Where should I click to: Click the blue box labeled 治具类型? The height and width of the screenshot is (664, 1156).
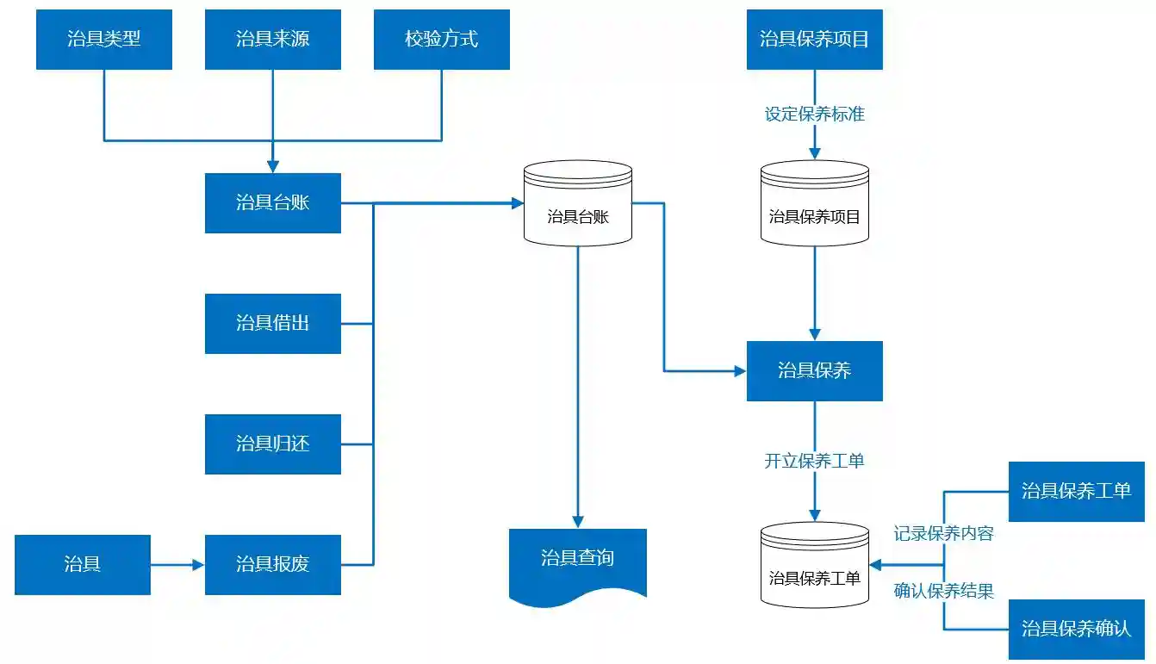103,39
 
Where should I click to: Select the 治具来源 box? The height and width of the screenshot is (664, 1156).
272,39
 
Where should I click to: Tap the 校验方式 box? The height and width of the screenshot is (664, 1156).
441,39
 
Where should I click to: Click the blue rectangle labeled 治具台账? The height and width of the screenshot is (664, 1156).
272,202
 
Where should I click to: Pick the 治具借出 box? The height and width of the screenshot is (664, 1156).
272,323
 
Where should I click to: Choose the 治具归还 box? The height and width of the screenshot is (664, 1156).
272,444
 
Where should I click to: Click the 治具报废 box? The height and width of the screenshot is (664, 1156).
272,564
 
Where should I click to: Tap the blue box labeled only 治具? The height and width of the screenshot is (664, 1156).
83,564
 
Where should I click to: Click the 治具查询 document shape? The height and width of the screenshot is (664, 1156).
578,560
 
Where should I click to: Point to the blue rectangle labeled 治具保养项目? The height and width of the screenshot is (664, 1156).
814,39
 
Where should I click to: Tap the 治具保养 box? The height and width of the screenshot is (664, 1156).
814,370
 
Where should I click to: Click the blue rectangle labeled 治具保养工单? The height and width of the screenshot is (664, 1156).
1076,491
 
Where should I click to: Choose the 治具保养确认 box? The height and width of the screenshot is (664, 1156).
1076,629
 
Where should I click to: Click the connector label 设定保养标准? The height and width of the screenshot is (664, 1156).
814,114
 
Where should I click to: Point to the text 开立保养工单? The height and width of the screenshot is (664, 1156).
814,461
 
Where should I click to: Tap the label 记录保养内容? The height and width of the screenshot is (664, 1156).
944,533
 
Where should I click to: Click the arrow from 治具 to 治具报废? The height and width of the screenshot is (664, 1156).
177,565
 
